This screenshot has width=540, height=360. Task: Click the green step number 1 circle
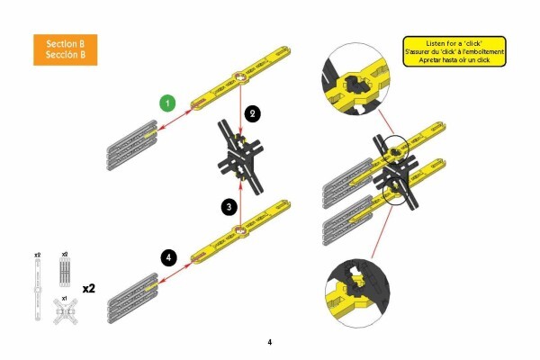click(x=167, y=103)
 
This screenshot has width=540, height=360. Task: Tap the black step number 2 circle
click(x=252, y=113)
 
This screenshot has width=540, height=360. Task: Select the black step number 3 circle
click(x=229, y=207)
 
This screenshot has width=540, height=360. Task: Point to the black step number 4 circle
click(x=169, y=257)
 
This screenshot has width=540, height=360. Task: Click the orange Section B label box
click(x=66, y=49)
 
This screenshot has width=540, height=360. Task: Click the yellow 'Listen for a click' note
click(x=454, y=51)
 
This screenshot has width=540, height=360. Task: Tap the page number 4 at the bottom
click(x=270, y=342)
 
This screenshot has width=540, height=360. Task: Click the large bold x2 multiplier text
click(x=89, y=288)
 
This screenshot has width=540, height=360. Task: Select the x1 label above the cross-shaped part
click(x=65, y=298)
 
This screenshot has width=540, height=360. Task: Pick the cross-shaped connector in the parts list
click(x=66, y=311)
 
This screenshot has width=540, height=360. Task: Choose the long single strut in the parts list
click(x=38, y=290)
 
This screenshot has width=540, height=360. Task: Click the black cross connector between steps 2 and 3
click(x=240, y=157)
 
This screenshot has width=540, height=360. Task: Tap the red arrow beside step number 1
click(x=175, y=120)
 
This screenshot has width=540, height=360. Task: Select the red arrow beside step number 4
click(x=175, y=273)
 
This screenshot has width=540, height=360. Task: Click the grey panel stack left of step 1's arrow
click(x=132, y=146)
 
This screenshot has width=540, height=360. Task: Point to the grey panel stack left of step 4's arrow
click(x=132, y=298)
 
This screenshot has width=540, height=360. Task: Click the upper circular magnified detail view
click(x=356, y=79)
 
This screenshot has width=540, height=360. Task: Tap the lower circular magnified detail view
click(x=357, y=292)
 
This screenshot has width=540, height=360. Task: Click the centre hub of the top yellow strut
click(x=240, y=78)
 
